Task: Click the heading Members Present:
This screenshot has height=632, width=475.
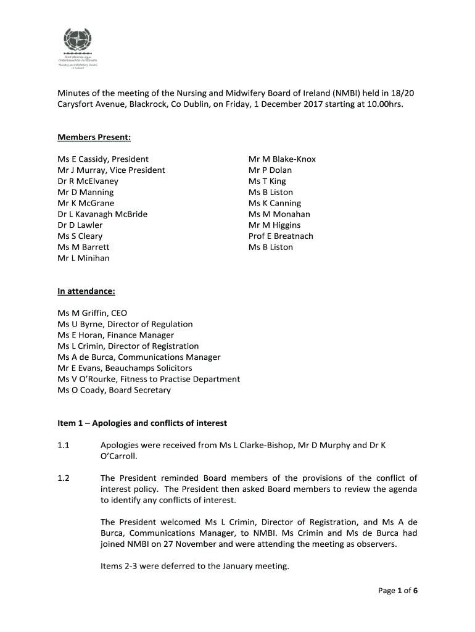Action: click(94, 137)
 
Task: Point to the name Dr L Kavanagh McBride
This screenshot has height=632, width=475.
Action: click(102, 214)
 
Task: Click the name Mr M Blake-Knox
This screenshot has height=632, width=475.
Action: click(282, 159)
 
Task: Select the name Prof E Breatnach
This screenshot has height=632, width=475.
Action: click(281, 236)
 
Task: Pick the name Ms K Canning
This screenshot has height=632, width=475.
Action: click(275, 203)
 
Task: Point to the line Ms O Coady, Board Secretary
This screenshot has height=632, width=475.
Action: click(114, 390)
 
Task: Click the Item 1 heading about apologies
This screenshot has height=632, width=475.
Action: click(142, 423)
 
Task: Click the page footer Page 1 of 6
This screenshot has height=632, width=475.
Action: click(399, 591)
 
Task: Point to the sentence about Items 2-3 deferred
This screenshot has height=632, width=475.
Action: click(194, 566)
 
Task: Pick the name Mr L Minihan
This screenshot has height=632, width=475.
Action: click(83, 258)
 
